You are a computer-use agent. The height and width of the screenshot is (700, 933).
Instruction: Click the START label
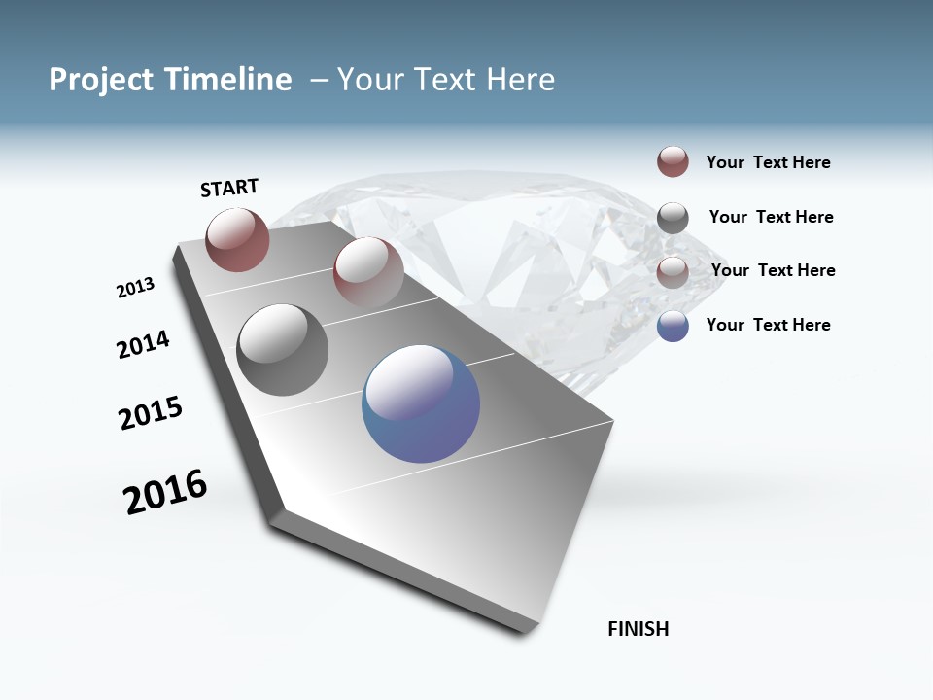coord(229,188)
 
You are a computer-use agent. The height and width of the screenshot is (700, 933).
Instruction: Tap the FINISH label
coord(639,629)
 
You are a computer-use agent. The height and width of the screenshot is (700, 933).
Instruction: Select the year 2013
coord(135,288)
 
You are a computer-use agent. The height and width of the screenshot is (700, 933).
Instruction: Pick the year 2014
coord(143,344)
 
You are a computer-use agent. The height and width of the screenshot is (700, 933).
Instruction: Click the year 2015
coord(151,413)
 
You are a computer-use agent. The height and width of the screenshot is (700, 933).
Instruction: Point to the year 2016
coord(165,491)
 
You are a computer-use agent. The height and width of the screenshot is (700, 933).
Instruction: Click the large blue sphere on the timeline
coord(421,403)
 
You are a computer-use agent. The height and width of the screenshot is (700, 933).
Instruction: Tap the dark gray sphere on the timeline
coord(283,350)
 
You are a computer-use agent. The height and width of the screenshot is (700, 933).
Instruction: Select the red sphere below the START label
coord(237,239)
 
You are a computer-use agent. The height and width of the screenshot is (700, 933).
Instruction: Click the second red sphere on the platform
coord(368,271)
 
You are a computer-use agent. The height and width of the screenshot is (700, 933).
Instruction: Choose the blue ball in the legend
coord(673,326)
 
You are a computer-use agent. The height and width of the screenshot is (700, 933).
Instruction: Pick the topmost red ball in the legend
coord(673,161)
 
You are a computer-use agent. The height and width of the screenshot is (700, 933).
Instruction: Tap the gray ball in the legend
coord(673,218)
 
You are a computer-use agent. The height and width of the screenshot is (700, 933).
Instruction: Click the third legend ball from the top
coord(673,272)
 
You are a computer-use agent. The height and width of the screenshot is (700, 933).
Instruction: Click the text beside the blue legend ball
coord(768,325)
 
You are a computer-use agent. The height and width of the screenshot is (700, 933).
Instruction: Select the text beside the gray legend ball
coord(771,217)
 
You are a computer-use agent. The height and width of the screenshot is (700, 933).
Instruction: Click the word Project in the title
coord(101,80)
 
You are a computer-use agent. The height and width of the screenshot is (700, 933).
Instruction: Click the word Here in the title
coord(520,80)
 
